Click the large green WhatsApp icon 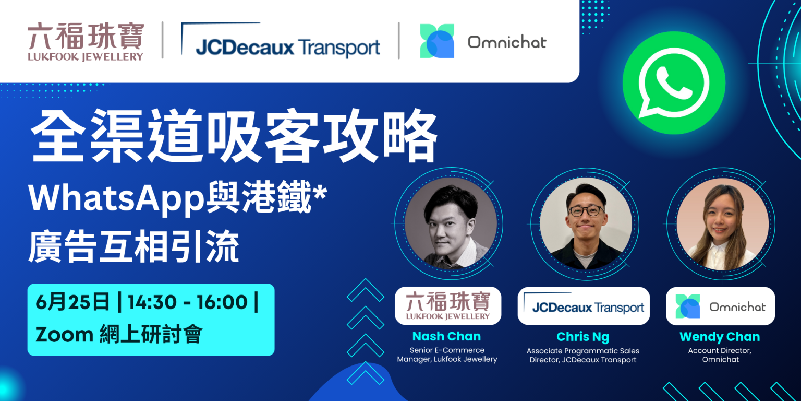pos(674,82)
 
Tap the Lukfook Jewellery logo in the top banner pos(86,42)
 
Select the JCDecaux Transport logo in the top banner pos(281,40)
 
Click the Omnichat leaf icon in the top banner pos(437,41)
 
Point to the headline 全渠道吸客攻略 pos(234,136)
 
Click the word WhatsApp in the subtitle pos(117,198)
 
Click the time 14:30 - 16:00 pos(188,302)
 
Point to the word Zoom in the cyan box pos(64,335)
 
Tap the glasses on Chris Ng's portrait pos(586,211)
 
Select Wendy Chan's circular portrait pos(723,224)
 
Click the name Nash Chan pos(446,336)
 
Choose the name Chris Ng pos(583,337)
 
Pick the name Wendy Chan pos(720,337)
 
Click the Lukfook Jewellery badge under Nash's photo pos(448,306)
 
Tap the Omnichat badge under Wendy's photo pos(720,306)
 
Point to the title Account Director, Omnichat pos(720,355)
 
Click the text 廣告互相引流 pos(133,247)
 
